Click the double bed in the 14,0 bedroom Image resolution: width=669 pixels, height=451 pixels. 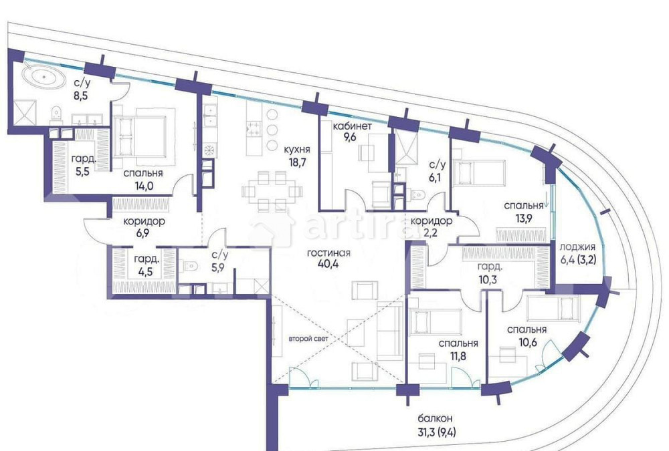[140, 136]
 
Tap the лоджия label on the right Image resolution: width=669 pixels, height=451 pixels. [575, 245]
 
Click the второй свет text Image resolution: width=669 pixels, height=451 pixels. [306, 339]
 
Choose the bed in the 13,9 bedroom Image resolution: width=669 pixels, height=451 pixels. [480, 172]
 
